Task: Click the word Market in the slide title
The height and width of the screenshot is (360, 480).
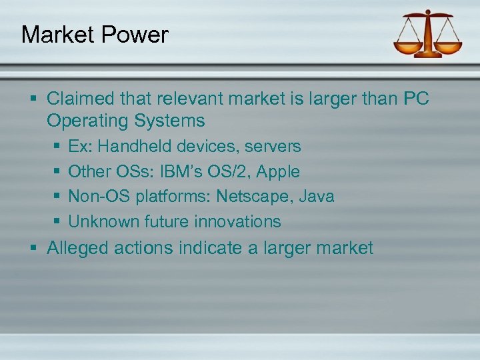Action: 57,34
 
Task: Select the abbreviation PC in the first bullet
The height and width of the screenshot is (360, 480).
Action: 417,99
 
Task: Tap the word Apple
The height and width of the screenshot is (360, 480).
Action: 278,171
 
